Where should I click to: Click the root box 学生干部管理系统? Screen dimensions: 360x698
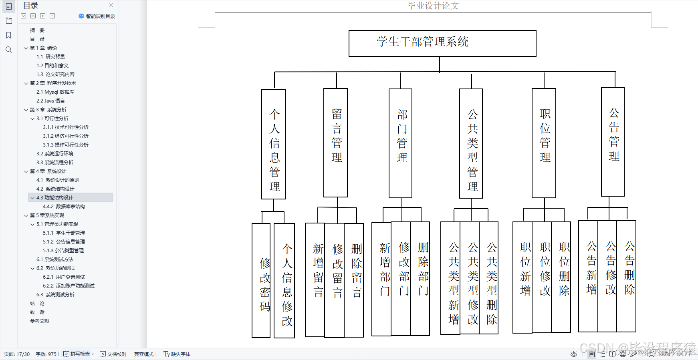pos(442,43)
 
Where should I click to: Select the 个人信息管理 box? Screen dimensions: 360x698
pos(273,144)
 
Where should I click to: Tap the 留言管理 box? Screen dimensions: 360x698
pos(335,143)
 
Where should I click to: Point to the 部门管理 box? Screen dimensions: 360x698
pos(400,143)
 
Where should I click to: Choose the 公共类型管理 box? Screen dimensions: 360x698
pos(471,143)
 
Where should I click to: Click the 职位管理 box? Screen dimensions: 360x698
pos(544,143)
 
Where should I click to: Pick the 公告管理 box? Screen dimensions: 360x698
pos(613,142)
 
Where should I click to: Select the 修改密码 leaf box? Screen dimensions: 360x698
pos(261,280)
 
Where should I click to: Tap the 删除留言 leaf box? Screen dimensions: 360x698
pos(354,280)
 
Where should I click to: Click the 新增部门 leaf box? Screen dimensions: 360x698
pos(381,279)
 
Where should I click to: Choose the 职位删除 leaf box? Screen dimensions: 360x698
pos(561,277)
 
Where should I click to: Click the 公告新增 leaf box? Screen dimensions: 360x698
pos(588,276)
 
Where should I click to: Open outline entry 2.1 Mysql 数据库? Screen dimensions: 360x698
pos(55,92)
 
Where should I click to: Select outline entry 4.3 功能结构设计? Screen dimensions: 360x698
pos(55,198)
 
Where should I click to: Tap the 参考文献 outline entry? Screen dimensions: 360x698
pos(40,321)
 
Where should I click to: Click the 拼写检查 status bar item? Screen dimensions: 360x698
pos(79,354)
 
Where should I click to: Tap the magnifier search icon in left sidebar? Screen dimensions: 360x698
pos(9,50)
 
